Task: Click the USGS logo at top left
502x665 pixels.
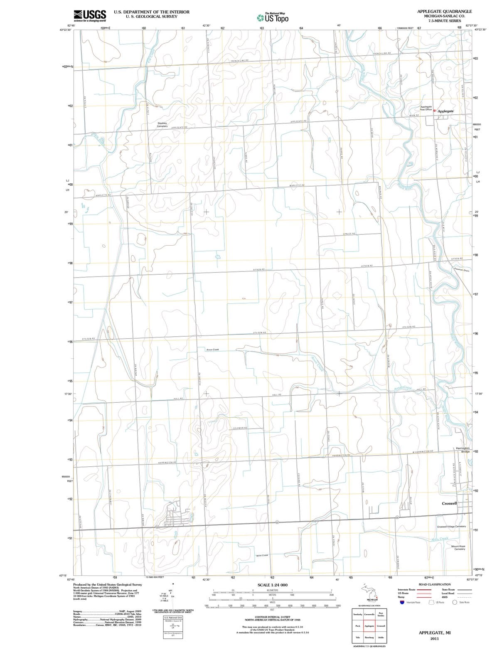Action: point(90,15)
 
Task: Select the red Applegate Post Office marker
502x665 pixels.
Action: point(434,111)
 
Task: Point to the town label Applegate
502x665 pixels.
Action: point(445,111)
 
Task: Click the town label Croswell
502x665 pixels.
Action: point(449,503)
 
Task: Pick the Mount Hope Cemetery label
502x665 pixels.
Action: point(458,548)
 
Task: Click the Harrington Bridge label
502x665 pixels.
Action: point(463,450)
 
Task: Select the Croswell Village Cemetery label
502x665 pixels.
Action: point(451,527)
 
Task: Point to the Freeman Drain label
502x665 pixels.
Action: point(462,270)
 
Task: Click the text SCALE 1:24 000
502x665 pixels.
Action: point(272,585)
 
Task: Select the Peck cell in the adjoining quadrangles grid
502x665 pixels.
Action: point(357,626)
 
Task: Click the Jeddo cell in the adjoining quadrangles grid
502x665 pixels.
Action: point(381,638)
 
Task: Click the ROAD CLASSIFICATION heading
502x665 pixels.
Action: point(434,584)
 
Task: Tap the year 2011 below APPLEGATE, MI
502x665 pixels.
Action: point(434,638)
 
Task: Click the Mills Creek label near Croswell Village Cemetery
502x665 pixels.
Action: point(440,539)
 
